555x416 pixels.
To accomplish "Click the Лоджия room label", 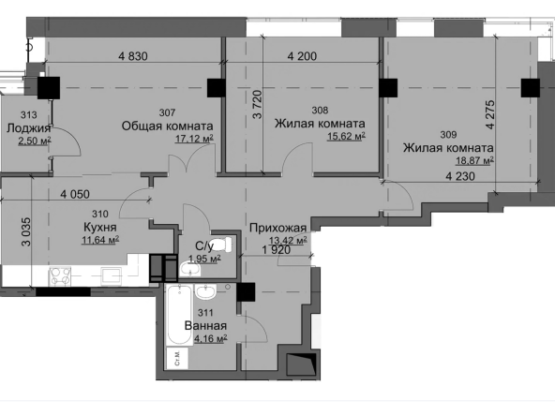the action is pos(29,127).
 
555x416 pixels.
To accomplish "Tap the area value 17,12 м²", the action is pos(194,138).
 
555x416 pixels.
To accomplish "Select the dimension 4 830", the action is pos(133,56).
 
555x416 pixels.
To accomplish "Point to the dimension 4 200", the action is pos(302,56).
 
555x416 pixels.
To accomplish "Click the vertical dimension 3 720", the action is pos(257,104).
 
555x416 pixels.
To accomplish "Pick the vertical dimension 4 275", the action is pos(490,114).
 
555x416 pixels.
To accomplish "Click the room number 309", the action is pos(448,134).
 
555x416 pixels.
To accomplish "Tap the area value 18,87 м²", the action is pos(474,161).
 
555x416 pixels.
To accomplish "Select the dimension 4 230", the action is pos(460,176).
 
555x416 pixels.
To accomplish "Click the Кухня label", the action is pos(100,227).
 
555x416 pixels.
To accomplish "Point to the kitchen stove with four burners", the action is pos(60,275).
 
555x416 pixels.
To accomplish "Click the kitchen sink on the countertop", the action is pos(112,275).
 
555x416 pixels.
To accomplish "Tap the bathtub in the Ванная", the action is pos(180,315).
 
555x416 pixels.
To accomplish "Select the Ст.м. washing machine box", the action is pos(177,358).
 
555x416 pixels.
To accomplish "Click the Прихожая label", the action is pos(277,228).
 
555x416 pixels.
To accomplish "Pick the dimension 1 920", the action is pos(276,250).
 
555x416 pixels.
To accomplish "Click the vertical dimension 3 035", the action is pos(26,231).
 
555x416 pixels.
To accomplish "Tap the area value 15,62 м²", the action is pos(346,136).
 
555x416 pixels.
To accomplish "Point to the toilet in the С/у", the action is pos(220,245).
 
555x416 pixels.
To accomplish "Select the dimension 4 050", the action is pos(75,194).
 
